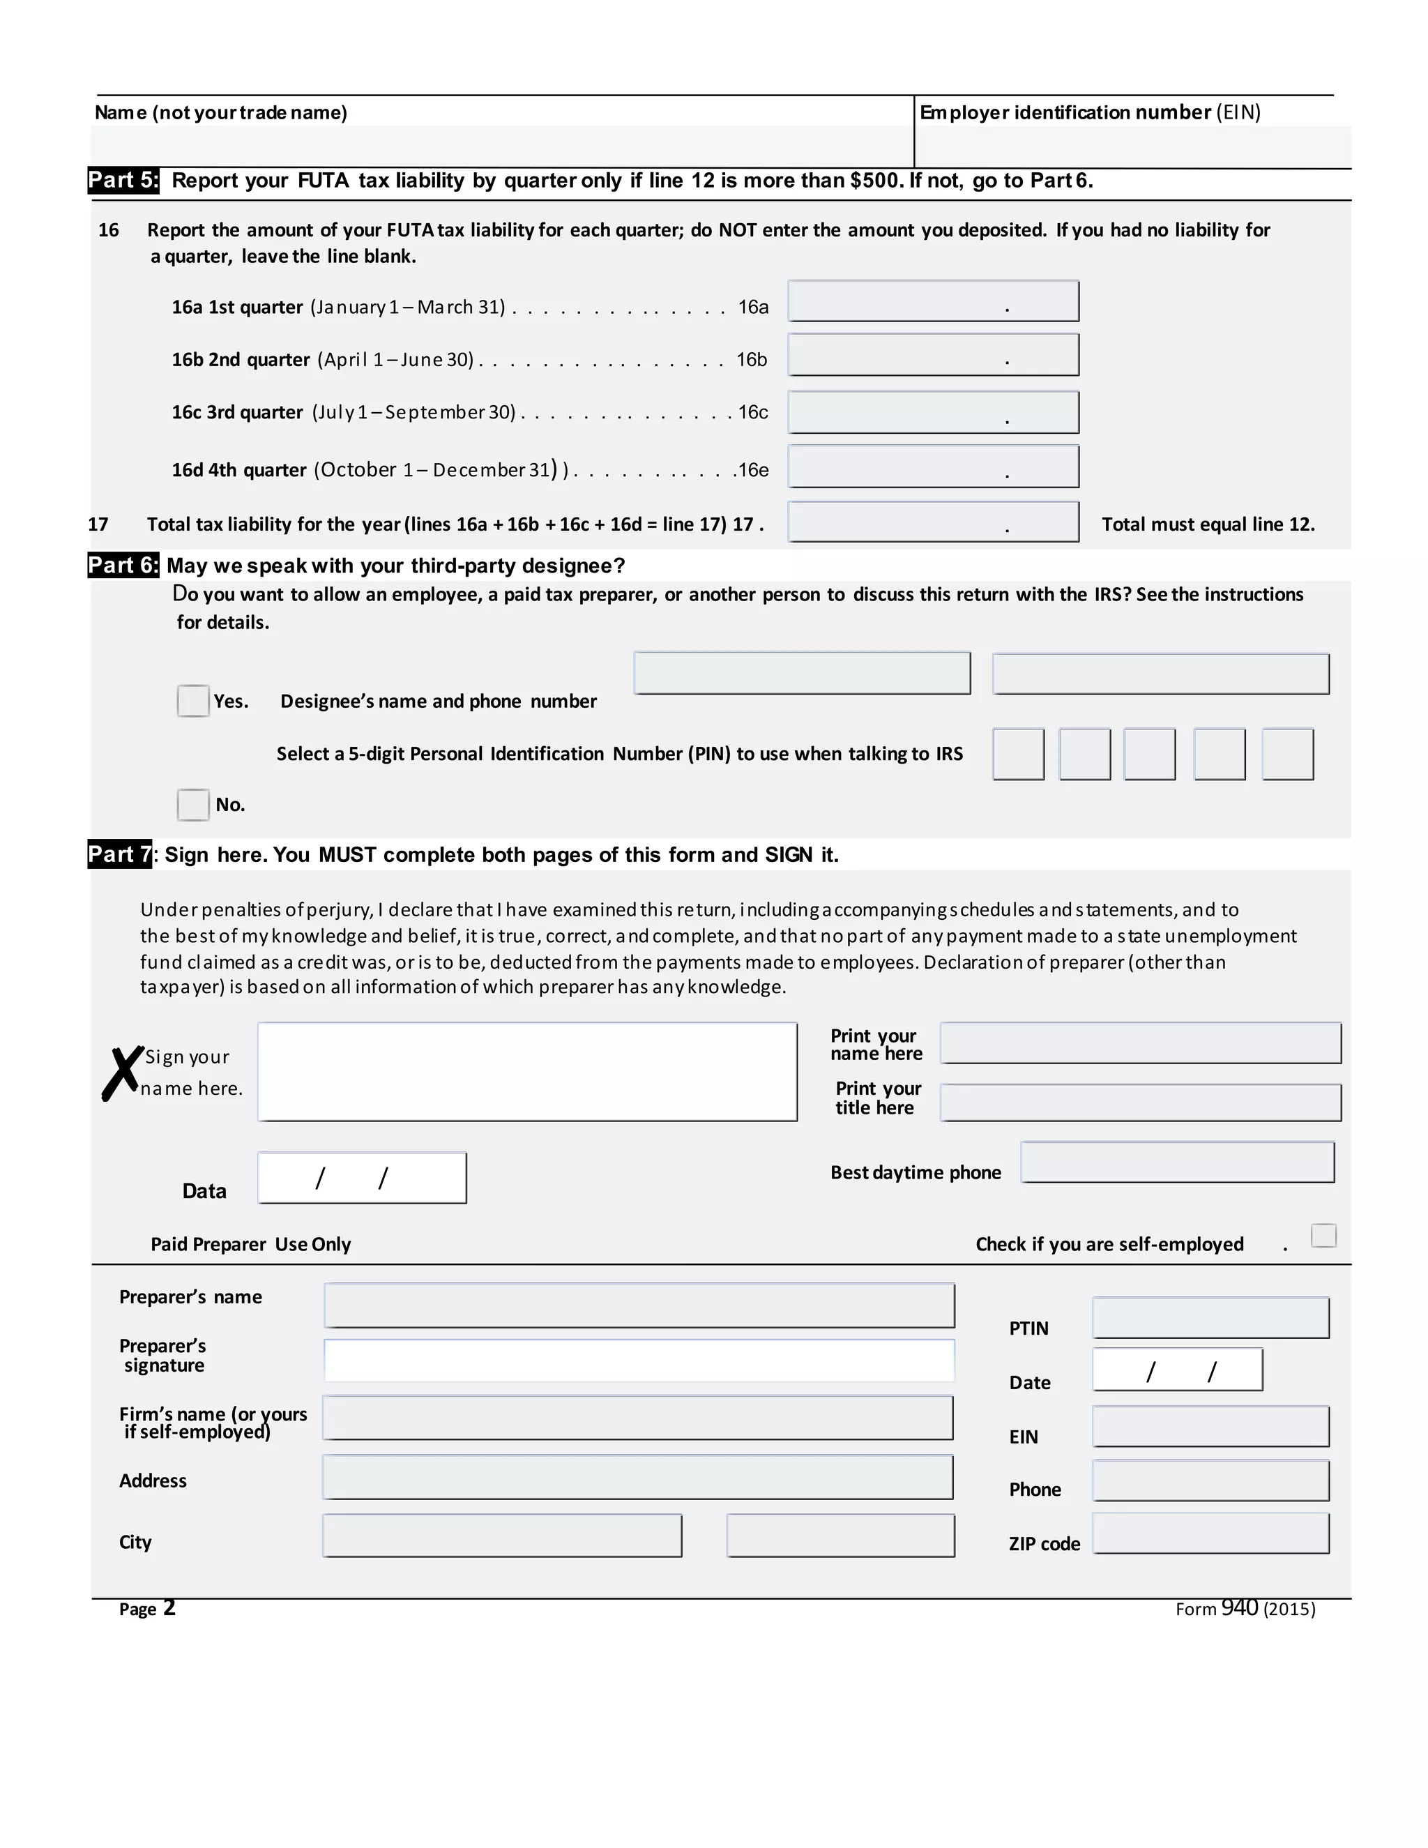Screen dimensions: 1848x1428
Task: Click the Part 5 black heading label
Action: click(x=123, y=180)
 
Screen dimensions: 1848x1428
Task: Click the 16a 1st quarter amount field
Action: click(x=932, y=301)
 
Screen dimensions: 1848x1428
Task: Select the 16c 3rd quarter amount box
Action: click(x=932, y=412)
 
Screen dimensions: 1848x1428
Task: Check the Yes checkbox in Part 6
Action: click(x=193, y=701)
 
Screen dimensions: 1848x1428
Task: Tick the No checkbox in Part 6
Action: click(x=193, y=804)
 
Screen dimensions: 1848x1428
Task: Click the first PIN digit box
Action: click(x=1018, y=753)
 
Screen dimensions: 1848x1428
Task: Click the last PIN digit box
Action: click(x=1286, y=753)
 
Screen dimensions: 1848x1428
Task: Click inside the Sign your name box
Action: click(x=527, y=1071)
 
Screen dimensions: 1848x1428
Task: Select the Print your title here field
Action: click(x=1139, y=1102)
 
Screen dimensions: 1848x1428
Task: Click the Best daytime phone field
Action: click(x=1177, y=1162)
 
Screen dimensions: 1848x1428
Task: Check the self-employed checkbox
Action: click(x=1323, y=1236)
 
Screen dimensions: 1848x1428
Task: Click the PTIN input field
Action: click(x=1210, y=1317)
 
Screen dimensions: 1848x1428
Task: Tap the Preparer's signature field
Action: click(x=639, y=1360)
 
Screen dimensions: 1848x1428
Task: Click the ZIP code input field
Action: click(x=1210, y=1533)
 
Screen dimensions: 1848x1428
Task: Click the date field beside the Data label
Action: click(x=362, y=1177)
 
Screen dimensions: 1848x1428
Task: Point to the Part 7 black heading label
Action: click(x=119, y=854)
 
